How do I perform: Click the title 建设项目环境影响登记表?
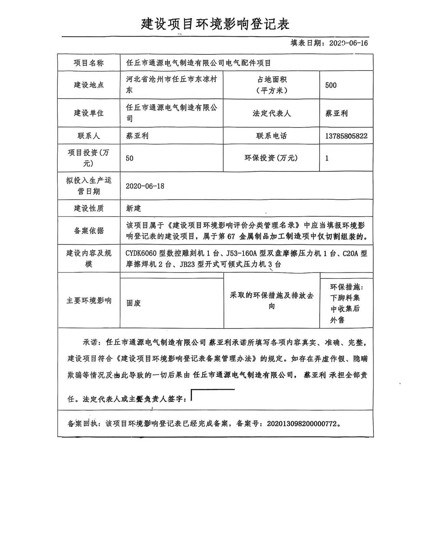(215, 24)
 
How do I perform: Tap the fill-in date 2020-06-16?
(348, 43)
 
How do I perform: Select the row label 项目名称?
(89, 63)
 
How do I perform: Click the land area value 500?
(331, 85)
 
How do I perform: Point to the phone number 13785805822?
(346, 136)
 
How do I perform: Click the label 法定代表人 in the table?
(272, 113)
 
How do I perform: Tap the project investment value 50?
(129, 158)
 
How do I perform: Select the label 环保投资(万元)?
(271, 158)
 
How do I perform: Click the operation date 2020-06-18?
(145, 186)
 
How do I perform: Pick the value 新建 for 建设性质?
(133, 208)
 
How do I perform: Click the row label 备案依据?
(89, 231)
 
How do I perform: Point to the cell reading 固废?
(134, 303)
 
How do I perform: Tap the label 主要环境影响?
(89, 301)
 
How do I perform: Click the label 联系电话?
(272, 136)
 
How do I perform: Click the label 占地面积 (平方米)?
(272, 85)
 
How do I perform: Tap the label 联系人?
(89, 136)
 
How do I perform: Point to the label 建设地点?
(89, 85)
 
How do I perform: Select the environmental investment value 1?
(327, 158)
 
